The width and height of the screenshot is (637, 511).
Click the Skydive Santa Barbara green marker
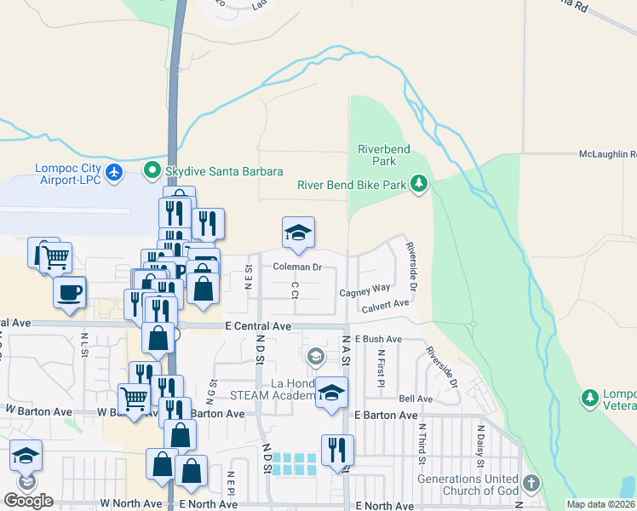[153, 171]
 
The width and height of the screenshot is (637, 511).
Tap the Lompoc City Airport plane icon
[115, 174]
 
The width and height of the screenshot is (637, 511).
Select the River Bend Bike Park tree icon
[418, 184]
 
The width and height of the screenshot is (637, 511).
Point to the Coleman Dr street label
[296, 267]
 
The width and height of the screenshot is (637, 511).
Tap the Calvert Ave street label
[385, 305]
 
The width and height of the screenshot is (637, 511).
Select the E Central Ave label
[258, 326]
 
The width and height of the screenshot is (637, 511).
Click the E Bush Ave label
[377, 339]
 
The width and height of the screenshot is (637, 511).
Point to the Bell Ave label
[416, 399]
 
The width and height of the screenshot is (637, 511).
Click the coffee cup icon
[69, 291]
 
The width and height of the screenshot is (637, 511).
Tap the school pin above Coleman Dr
[298, 233]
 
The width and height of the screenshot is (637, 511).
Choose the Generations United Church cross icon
[531, 484]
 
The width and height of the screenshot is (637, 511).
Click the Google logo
[27, 501]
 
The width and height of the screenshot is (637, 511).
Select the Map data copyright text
[600, 504]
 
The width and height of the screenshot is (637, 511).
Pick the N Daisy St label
[480, 445]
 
